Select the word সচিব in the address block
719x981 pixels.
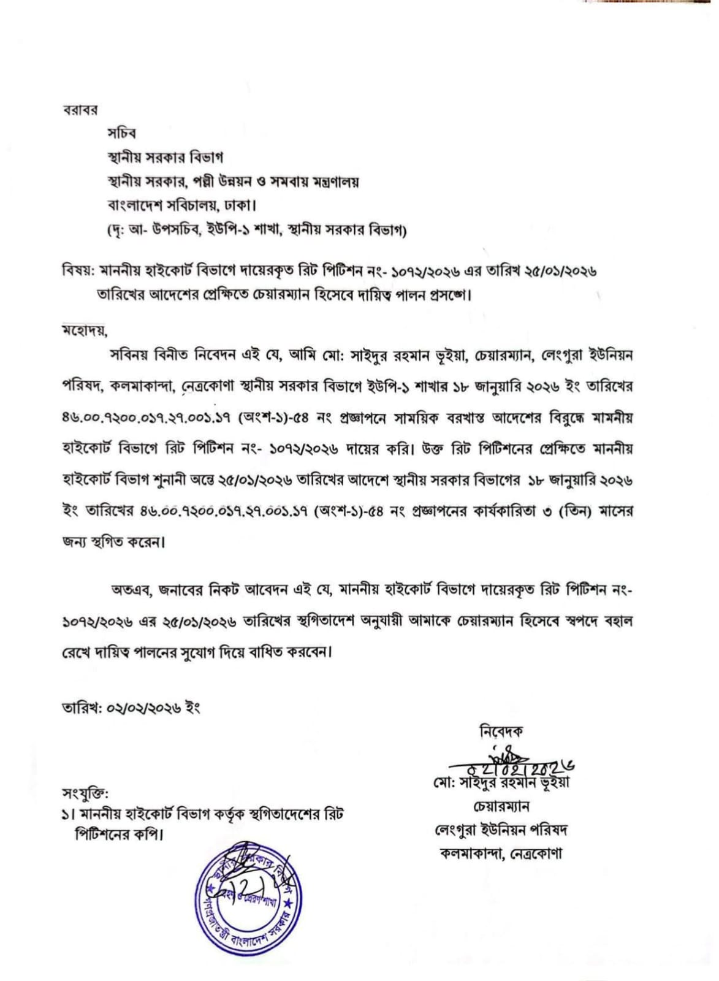121,133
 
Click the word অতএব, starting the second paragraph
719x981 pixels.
130,590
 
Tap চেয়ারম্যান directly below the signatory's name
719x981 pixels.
501,806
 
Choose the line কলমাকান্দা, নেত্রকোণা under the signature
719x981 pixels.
501,853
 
